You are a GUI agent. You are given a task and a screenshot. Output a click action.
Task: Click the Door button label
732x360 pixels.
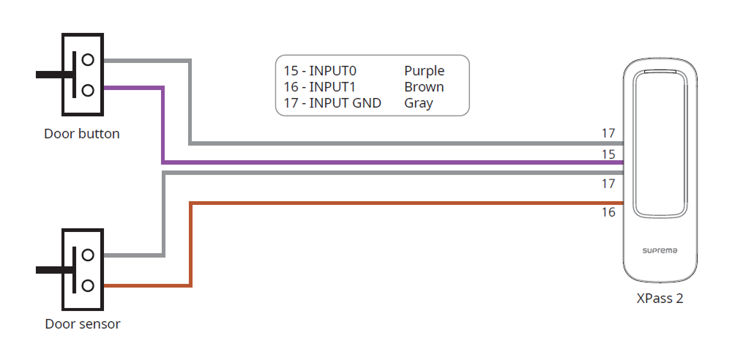point(82,134)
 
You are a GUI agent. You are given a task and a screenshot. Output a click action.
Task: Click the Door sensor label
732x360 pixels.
point(83,323)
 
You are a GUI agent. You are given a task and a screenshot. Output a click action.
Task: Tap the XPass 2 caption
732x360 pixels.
point(660,299)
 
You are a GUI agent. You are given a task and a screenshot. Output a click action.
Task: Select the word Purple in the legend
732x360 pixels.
point(425,71)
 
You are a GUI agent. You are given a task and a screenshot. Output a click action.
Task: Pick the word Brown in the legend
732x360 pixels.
point(424,87)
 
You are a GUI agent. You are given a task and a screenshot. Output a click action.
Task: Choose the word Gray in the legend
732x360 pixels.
point(419,103)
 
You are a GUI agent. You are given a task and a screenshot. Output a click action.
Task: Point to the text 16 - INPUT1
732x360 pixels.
point(319,87)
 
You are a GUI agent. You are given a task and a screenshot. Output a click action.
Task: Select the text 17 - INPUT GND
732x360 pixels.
point(332,103)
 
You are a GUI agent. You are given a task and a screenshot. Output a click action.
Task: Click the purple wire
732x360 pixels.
point(366,162)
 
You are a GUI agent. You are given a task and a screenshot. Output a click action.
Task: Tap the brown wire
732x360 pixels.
point(403,203)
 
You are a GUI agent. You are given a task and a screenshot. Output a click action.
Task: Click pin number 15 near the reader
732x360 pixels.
point(608,154)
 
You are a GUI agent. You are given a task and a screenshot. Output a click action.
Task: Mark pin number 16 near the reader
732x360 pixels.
point(608,212)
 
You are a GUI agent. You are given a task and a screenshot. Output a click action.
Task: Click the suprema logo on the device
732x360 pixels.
point(660,250)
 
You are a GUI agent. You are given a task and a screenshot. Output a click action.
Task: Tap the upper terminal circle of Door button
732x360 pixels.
point(88,59)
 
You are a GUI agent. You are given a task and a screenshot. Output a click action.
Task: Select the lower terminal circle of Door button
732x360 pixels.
point(88,89)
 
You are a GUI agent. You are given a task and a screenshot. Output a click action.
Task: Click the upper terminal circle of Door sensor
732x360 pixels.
point(88,255)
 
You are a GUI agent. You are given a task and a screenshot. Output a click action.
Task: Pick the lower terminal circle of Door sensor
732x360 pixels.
point(88,285)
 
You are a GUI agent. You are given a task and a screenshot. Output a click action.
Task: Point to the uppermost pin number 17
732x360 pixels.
point(608,133)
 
